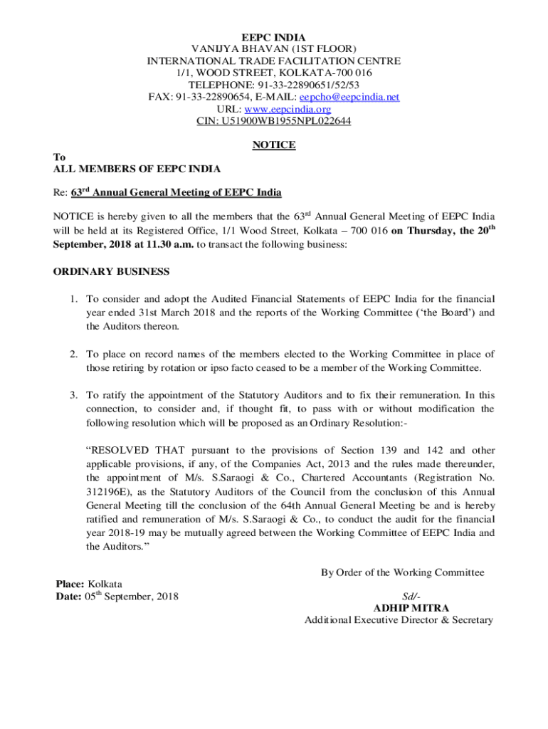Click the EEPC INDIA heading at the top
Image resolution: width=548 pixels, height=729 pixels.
pos(273,37)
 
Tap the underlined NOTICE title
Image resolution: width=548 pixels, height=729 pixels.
pos(274,145)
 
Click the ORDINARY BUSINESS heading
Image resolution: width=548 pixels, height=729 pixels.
pos(112,271)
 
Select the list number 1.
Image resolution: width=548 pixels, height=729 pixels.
pos(73,300)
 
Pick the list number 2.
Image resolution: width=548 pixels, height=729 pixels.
pos(73,354)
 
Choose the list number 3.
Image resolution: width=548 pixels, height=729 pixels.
pos(73,395)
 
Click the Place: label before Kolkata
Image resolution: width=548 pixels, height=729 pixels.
pos(70,584)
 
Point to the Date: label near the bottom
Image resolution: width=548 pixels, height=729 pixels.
pos(68,597)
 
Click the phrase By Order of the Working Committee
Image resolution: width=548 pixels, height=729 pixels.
pos(402,572)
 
